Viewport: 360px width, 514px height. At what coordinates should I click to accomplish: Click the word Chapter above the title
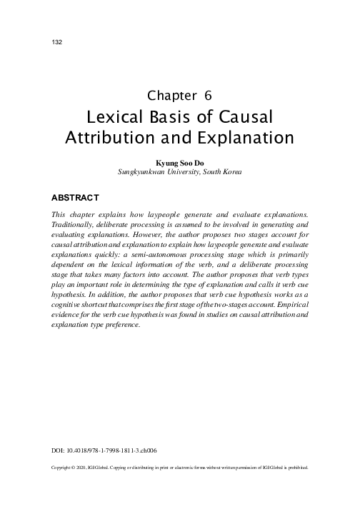point(171,95)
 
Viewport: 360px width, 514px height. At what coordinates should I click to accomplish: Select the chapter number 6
point(208,95)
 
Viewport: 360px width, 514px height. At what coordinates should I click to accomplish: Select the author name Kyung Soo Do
point(179,163)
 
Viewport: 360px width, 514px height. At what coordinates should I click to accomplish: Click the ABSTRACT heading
point(75,196)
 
